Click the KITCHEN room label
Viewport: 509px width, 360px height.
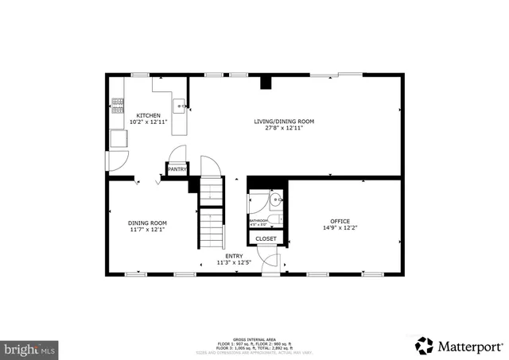[148, 115]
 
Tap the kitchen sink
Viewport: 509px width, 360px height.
[181, 105]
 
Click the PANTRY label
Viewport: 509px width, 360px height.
[177, 168]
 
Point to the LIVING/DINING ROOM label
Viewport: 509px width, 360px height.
[284, 121]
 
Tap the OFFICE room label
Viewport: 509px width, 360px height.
[340, 221]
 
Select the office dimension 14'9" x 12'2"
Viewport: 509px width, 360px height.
[340, 228]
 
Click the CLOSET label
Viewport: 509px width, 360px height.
[266, 238]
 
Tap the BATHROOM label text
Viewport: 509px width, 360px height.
[259, 220]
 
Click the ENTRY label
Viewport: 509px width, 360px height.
[234, 256]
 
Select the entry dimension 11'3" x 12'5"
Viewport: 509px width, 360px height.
[234, 262]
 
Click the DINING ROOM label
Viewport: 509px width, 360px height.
[148, 223]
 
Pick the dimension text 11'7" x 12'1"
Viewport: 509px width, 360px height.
[148, 229]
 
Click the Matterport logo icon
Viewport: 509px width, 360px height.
[425, 346]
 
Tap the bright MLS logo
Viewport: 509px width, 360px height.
[29, 348]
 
